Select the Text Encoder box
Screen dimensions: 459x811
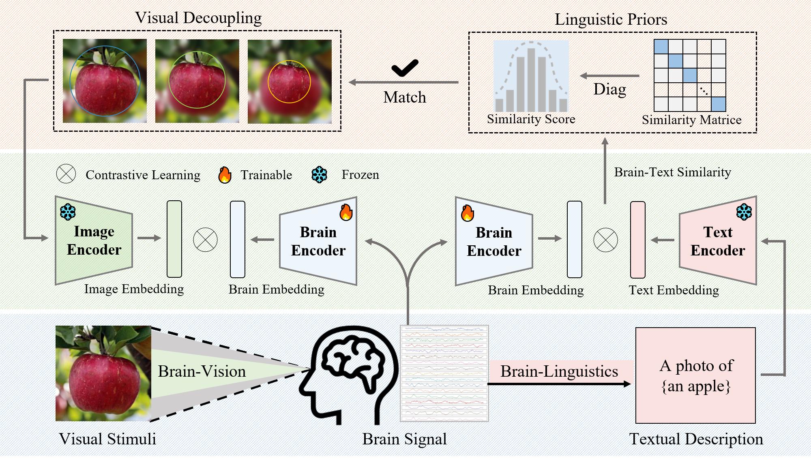(x=718, y=241)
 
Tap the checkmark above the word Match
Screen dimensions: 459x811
(x=405, y=68)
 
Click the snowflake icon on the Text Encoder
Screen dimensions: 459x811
(x=744, y=212)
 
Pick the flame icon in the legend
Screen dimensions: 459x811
(x=225, y=175)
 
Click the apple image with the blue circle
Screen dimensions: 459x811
(x=105, y=81)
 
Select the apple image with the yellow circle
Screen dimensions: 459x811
(x=290, y=82)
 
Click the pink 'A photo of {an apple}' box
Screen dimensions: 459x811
(x=695, y=375)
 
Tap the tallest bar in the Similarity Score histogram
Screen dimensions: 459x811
(x=531, y=79)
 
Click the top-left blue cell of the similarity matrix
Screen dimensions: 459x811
(x=661, y=46)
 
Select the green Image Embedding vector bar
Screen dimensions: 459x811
(x=174, y=239)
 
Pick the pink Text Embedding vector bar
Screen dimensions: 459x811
(x=637, y=240)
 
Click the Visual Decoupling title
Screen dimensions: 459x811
(x=198, y=18)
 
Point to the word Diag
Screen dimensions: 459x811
(x=609, y=89)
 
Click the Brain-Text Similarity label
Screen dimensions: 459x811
(x=672, y=172)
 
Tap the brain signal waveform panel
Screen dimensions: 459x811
(x=444, y=373)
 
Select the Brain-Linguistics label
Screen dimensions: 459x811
(x=559, y=371)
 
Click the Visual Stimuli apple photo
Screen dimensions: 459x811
(x=103, y=373)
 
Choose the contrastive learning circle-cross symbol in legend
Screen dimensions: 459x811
(x=66, y=174)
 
